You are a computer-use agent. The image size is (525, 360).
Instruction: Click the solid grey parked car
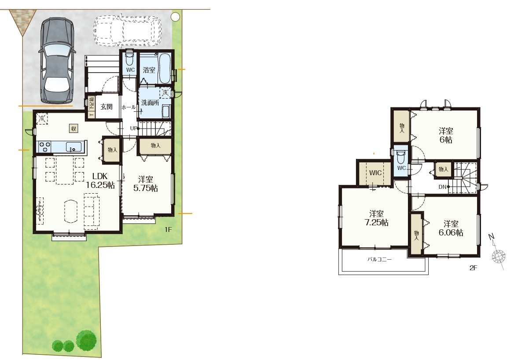coord(57,60)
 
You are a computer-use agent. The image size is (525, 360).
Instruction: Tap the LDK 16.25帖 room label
coord(100,180)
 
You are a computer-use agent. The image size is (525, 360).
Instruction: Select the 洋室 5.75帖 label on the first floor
coord(146,184)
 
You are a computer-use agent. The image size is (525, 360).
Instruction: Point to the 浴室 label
coord(149,70)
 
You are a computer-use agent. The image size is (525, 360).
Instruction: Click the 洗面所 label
coord(150,103)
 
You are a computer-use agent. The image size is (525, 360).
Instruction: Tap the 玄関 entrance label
coord(106,107)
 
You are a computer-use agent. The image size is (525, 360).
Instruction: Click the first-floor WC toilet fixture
coord(129,59)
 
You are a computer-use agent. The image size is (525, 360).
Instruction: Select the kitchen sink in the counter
coord(73,147)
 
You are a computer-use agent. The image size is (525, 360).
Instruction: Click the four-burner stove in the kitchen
coord(45,147)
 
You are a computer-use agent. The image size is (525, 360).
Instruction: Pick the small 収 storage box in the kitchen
coord(73,128)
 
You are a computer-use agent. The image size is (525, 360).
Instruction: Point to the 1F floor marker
coord(168,229)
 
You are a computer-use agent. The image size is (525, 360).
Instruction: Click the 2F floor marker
coord(473,268)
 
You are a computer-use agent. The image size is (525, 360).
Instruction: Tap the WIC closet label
coord(375,173)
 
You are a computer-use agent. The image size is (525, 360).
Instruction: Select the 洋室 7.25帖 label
coord(376,218)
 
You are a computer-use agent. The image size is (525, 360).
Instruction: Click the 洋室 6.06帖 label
coord(451,228)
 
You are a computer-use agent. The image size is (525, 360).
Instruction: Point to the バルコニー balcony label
coord(379,259)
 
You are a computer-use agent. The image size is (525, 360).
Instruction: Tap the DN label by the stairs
coord(443,187)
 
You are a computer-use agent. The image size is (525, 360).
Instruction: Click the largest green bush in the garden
coord(87,340)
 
